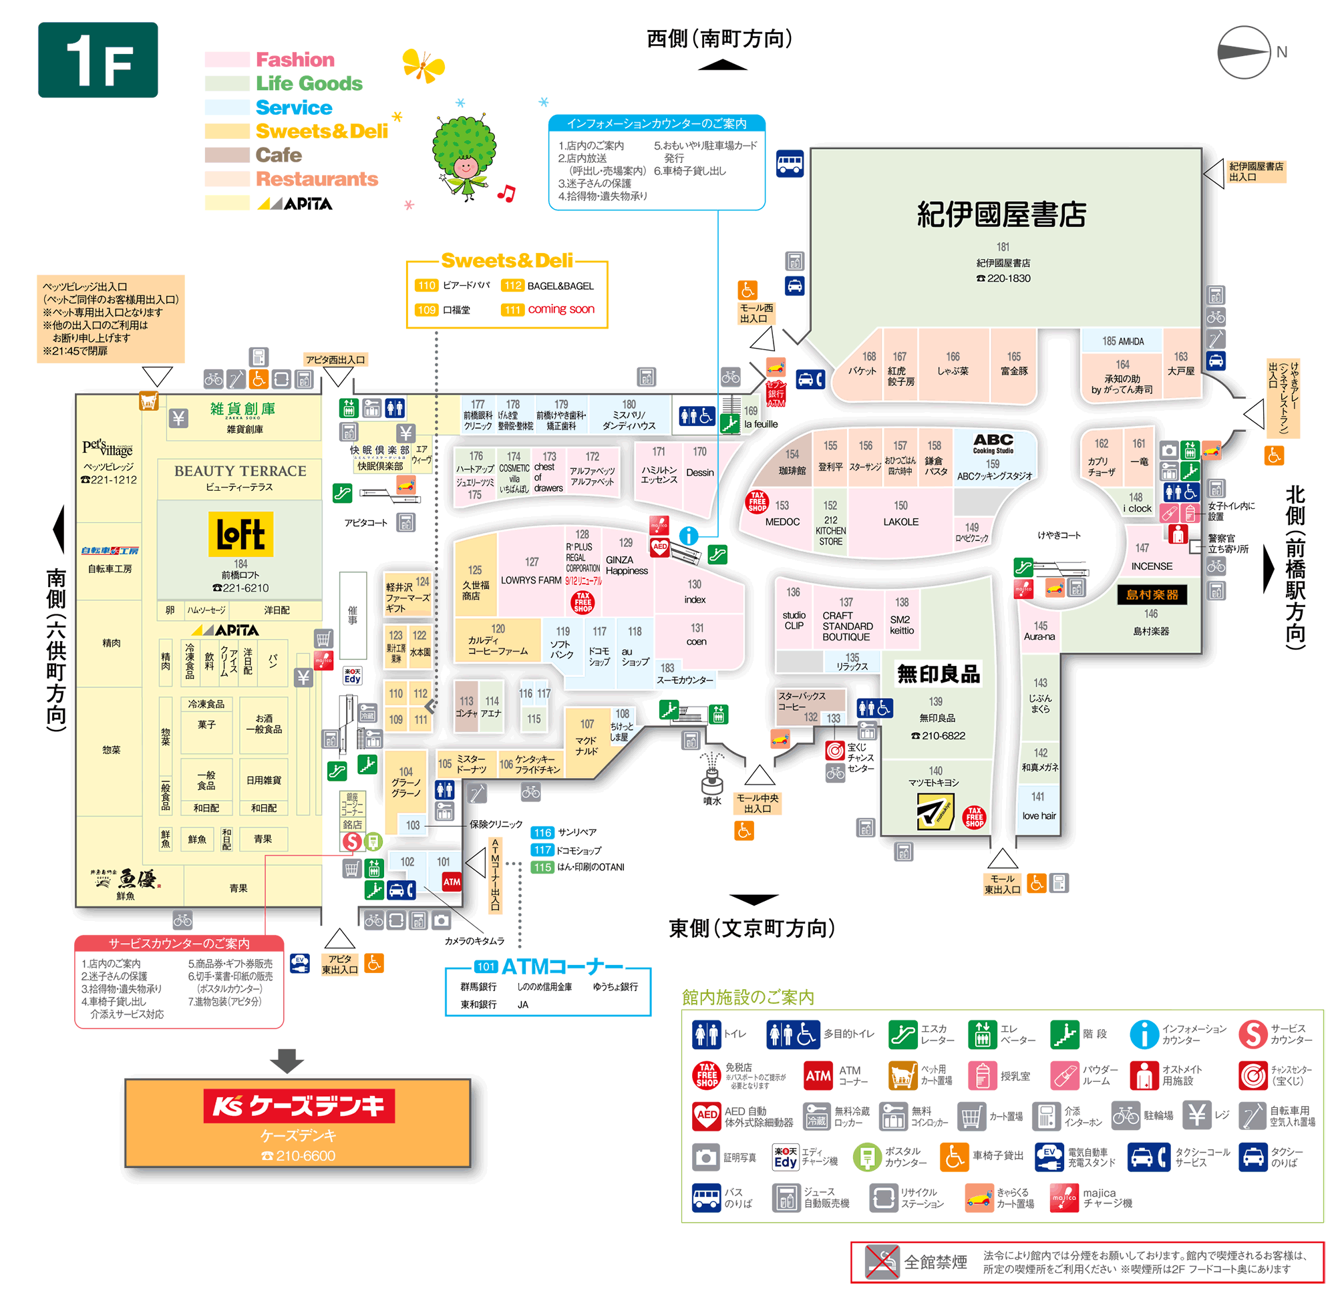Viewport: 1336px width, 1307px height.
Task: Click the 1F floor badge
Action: click(98, 60)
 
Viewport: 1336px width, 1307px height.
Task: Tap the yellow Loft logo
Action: click(240, 534)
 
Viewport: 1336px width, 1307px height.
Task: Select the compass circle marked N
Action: click(1244, 52)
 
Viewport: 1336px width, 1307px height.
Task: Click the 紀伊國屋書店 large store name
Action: click(1001, 215)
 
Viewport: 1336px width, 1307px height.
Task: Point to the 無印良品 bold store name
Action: click(939, 675)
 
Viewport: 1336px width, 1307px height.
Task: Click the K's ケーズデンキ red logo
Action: click(299, 1106)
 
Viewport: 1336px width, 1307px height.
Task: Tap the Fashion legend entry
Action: click(295, 59)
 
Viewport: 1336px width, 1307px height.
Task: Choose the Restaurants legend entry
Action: click(317, 179)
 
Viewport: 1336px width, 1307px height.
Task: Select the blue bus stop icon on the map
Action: click(790, 164)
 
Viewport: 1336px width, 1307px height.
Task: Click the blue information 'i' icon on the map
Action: click(689, 536)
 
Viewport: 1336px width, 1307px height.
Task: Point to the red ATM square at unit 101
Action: click(452, 882)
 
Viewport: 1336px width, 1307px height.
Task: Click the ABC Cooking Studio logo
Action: click(993, 443)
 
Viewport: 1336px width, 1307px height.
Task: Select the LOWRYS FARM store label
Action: click(530, 581)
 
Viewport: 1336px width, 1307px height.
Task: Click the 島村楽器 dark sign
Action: click(1152, 595)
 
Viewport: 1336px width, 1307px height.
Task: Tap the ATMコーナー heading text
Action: click(562, 966)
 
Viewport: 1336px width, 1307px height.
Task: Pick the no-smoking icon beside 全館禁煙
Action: click(882, 1262)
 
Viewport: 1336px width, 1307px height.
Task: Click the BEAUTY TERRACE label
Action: click(240, 472)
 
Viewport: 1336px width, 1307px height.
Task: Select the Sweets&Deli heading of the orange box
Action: click(506, 261)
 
